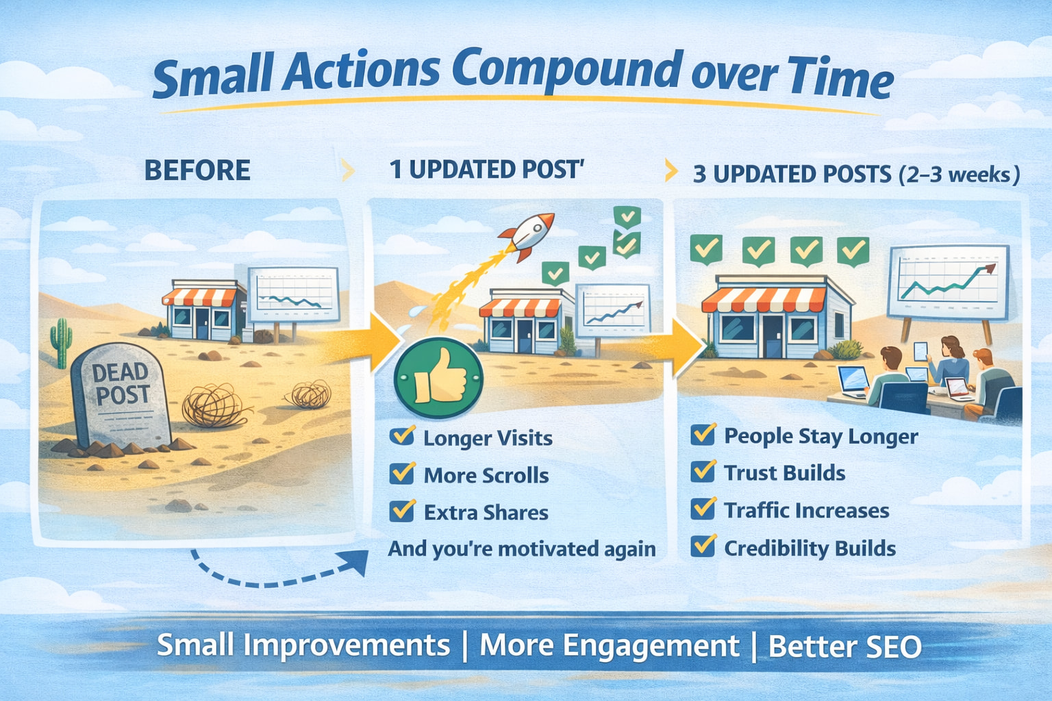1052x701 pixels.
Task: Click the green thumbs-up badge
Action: (438, 378)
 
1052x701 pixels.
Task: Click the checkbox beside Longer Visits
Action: (402, 435)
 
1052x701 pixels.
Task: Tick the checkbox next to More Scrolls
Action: (402, 473)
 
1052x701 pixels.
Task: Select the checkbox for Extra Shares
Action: (402, 511)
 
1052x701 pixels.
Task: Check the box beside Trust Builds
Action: (703, 471)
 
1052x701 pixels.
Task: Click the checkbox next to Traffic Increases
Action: (703, 509)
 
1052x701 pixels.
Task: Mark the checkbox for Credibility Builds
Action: (703, 546)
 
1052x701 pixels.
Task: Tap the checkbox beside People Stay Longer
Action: (703, 434)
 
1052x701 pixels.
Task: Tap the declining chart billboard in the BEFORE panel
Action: (294, 295)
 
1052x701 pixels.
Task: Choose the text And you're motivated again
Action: (522, 548)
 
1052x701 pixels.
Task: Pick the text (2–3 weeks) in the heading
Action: (960, 174)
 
